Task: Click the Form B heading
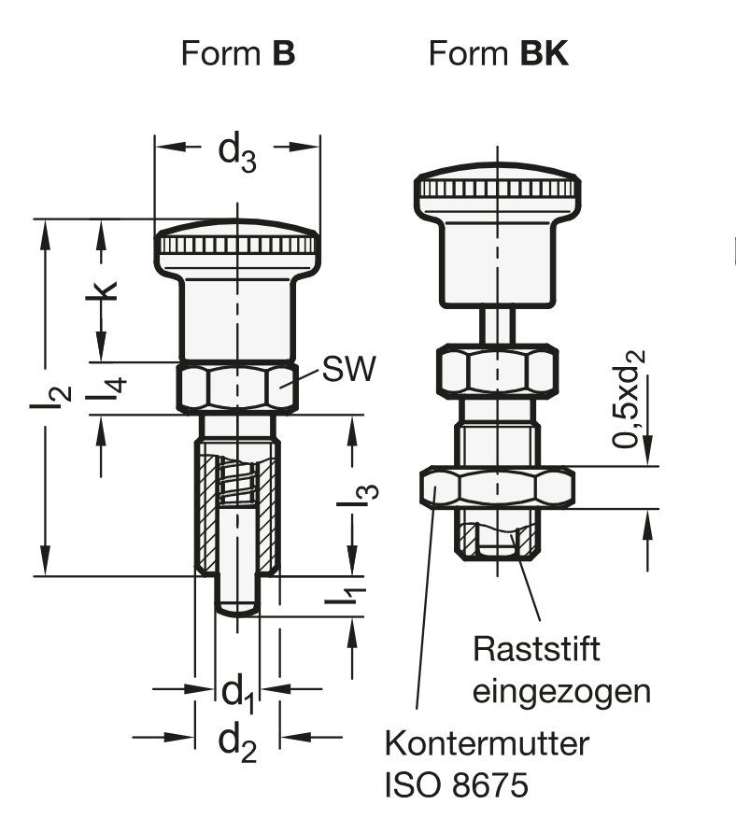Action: click(x=237, y=53)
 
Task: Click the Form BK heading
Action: click(x=498, y=53)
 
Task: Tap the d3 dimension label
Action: click(x=237, y=154)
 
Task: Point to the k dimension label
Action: click(x=102, y=290)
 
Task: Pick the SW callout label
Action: click(x=348, y=368)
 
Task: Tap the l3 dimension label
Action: click(x=358, y=496)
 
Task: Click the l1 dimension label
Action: click(x=346, y=596)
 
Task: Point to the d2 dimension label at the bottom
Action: click(x=237, y=743)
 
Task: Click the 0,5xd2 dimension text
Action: click(x=629, y=399)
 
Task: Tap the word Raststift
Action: click(x=536, y=649)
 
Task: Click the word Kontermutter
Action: click(x=487, y=742)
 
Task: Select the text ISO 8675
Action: click(x=457, y=784)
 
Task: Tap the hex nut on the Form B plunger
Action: click(x=237, y=387)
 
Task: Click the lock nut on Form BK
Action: click(x=498, y=487)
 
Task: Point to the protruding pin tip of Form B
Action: click(x=237, y=596)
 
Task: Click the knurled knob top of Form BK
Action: click(x=498, y=189)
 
